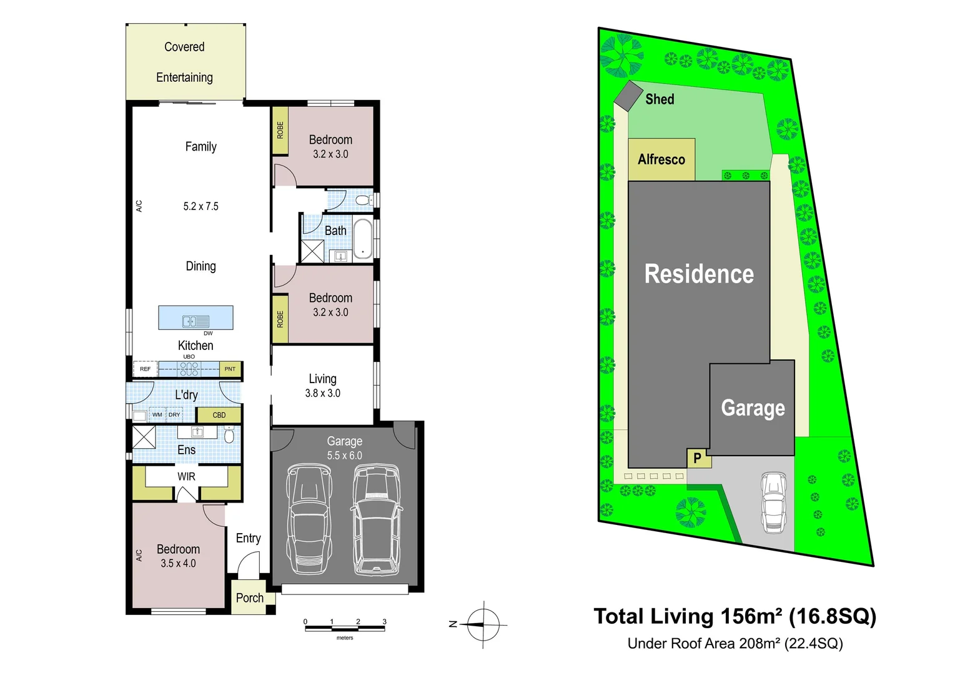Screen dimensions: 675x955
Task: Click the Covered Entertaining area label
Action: pyautogui.click(x=184, y=62)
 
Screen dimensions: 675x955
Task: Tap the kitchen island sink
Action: pyautogui.click(x=195, y=321)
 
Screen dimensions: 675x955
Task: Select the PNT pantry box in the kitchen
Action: pyautogui.click(x=230, y=369)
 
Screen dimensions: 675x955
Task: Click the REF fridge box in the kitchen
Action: pyautogui.click(x=145, y=369)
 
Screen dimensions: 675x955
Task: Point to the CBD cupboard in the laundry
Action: pyautogui.click(x=219, y=415)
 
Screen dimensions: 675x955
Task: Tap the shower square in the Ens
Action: pyautogui.click(x=144, y=437)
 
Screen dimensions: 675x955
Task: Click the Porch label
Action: pyautogui.click(x=249, y=598)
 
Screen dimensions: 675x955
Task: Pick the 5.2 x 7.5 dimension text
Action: pyautogui.click(x=200, y=206)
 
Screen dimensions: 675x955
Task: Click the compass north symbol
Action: pyautogui.click(x=483, y=624)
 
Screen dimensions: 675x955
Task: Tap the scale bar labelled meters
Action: pyautogui.click(x=345, y=627)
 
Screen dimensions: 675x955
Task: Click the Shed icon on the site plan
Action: pyautogui.click(x=628, y=96)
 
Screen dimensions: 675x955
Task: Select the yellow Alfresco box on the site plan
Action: pyautogui.click(x=661, y=160)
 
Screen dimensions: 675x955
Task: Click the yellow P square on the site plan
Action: pyautogui.click(x=697, y=458)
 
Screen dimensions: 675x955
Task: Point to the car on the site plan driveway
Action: pyautogui.click(x=773, y=502)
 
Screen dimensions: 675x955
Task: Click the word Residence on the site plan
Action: pyautogui.click(x=699, y=274)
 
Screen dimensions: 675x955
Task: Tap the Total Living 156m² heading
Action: pyautogui.click(x=735, y=616)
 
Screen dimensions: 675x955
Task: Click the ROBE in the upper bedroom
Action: pyautogui.click(x=280, y=131)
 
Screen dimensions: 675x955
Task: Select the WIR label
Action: pyautogui.click(x=186, y=476)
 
